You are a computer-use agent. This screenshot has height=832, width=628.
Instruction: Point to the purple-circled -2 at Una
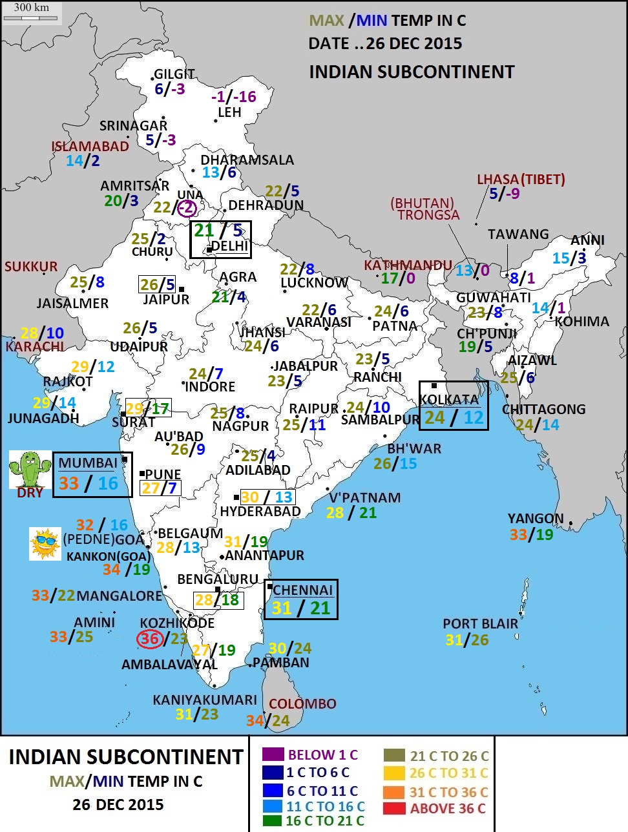186,208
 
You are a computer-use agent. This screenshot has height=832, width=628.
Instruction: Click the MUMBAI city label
88,463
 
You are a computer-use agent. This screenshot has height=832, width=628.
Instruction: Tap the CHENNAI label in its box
302,590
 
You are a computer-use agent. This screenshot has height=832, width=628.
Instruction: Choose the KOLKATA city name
449,399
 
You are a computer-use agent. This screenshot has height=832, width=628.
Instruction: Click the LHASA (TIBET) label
521,180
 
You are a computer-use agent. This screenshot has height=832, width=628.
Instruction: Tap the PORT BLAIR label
480,624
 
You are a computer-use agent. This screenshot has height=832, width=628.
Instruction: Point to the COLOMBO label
302,704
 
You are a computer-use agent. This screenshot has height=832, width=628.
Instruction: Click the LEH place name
229,112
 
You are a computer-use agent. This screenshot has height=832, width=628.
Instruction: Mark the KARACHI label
35,347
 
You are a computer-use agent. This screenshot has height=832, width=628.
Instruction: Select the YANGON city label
535,519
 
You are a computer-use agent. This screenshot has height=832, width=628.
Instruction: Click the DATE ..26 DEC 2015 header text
385,44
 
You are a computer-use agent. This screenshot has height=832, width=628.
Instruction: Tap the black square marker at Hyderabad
236,497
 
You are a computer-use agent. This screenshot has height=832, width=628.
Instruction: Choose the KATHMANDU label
408,265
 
